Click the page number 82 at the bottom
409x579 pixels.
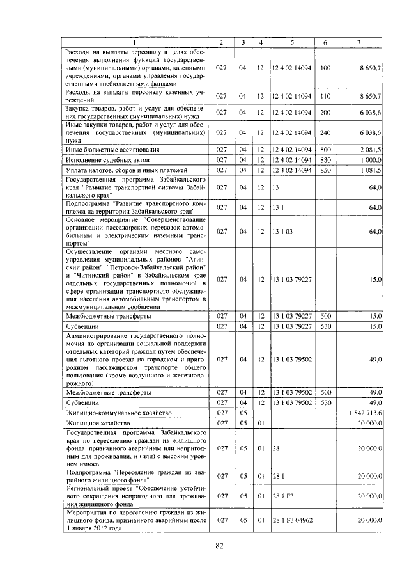tap(219, 545)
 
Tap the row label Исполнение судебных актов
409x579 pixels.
tap(100, 159)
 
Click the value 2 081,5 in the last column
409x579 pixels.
tap(370, 149)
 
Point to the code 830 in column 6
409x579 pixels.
tap(325, 159)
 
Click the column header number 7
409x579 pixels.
tap(359, 42)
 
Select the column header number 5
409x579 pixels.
tap(292, 42)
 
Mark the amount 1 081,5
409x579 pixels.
tap(370, 170)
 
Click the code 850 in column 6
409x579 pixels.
tap(325, 170)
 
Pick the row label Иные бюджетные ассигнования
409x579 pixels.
tap(104, 149)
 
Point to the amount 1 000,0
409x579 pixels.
tap(370, 159)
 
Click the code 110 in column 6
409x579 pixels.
tap(325, 96)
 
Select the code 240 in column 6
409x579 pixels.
tap(325, 132)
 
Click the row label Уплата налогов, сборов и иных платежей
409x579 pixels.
tap(118, 170)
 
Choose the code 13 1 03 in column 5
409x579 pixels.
tap(282, 231)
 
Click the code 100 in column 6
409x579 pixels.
tap(325, 67)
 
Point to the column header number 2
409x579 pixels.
tap(220, 42)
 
